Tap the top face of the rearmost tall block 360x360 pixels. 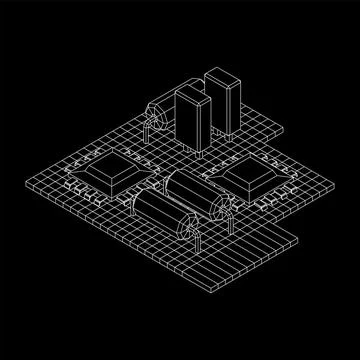coord(220,74)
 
